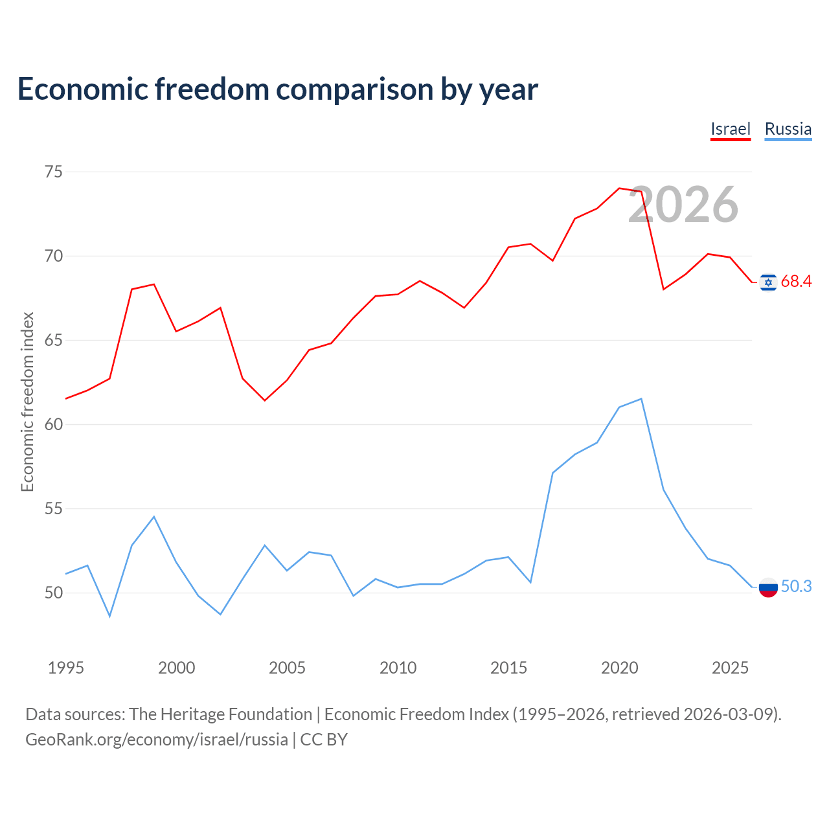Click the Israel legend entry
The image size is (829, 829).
tap(730, 130)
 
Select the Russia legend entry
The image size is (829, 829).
tap(788, 130)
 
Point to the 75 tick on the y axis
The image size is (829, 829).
tap(54, 172)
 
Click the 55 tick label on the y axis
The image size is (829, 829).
tap(54, 508)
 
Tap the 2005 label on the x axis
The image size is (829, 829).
tap(287, 668)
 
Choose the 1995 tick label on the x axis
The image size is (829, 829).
tap(66, 668)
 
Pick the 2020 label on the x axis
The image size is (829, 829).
tap(620, 668)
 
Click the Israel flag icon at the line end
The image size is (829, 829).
tap(768, 282)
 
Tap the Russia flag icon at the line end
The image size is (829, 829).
tap(768, 587)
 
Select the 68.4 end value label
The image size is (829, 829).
tap(796, 281)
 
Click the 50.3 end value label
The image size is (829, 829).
tap(796, 586)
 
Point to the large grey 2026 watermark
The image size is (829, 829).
tap(683, 205)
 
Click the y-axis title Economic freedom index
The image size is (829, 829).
tap(27, 402)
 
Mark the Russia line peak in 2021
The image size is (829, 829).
tap(641, 399)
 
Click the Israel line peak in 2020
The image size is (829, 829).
tap(619, 188)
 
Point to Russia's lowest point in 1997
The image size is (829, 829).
tap(109, 616)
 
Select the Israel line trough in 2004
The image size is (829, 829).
tap(265, 400)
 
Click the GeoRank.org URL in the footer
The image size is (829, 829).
tap(157, 740)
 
